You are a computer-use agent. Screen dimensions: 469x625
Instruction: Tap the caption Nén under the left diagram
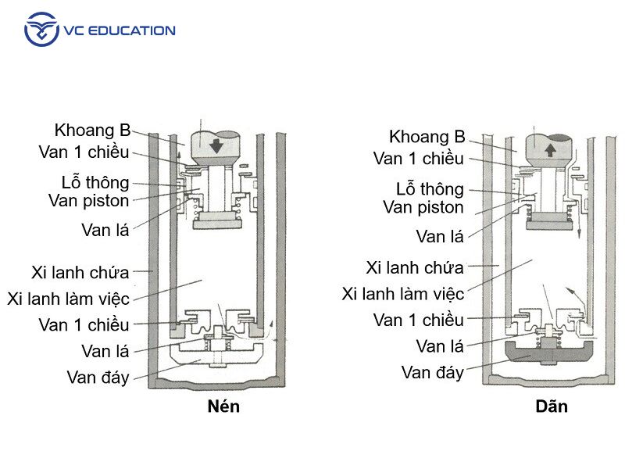coord(223,406)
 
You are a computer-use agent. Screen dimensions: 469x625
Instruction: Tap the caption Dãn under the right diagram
coord(552,406)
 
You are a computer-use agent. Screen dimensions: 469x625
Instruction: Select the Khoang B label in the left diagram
coord(91,131)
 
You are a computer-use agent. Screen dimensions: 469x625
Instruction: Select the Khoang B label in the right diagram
coord(427,137)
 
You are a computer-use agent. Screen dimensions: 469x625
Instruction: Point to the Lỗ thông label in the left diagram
coord(95,183)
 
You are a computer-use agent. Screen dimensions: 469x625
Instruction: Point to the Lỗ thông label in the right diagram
coord(430,189)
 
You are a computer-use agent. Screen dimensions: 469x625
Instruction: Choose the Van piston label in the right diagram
coord(423,207)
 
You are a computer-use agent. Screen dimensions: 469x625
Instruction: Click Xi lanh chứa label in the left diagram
coord(80,272)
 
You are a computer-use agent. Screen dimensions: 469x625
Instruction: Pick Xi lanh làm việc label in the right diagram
coord(403,294)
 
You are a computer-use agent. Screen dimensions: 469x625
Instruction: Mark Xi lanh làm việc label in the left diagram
coord(68,299)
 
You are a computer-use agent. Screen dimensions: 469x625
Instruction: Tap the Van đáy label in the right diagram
coord(432,372)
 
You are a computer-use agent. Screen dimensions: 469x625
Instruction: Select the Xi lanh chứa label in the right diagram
coord(415,267)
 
